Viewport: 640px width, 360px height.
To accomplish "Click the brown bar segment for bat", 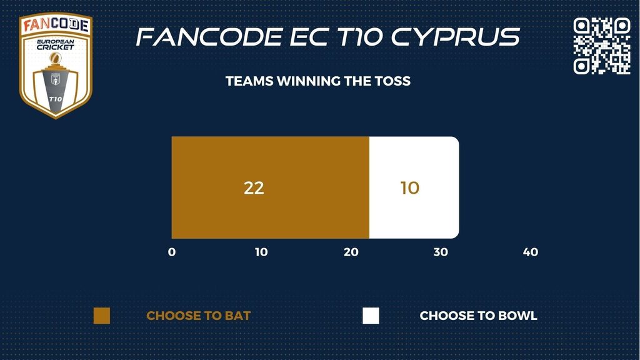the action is [270, 187].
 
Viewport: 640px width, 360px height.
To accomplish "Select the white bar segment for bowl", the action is [414, 187].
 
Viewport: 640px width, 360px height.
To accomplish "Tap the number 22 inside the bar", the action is [254, 187].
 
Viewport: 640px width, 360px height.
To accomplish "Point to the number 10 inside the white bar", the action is [410, 187].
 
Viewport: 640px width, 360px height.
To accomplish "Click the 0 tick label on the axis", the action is [172, 252].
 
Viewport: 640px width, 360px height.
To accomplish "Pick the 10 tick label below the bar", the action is [261, 252].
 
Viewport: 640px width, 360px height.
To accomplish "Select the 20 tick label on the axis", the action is [351, 252].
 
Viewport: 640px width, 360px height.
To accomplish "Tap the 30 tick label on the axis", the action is [441, 252].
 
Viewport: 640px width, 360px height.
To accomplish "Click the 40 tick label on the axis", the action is [531, 252].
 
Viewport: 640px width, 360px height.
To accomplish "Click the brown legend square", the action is [102, 316].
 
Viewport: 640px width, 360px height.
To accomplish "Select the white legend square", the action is [371, 316].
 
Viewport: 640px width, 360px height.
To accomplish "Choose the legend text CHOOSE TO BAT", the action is [198, 316].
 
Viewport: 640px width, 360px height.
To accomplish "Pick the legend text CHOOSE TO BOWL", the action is [478, 316].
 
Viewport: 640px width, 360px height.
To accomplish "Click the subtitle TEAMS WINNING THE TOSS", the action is [318, 81].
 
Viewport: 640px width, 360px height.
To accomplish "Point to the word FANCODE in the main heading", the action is [209, 37].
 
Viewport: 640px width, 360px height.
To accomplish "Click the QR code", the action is [602, 46].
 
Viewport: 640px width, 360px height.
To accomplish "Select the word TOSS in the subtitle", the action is [392, 81].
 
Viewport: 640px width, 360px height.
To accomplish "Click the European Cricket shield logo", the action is [56, 65].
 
